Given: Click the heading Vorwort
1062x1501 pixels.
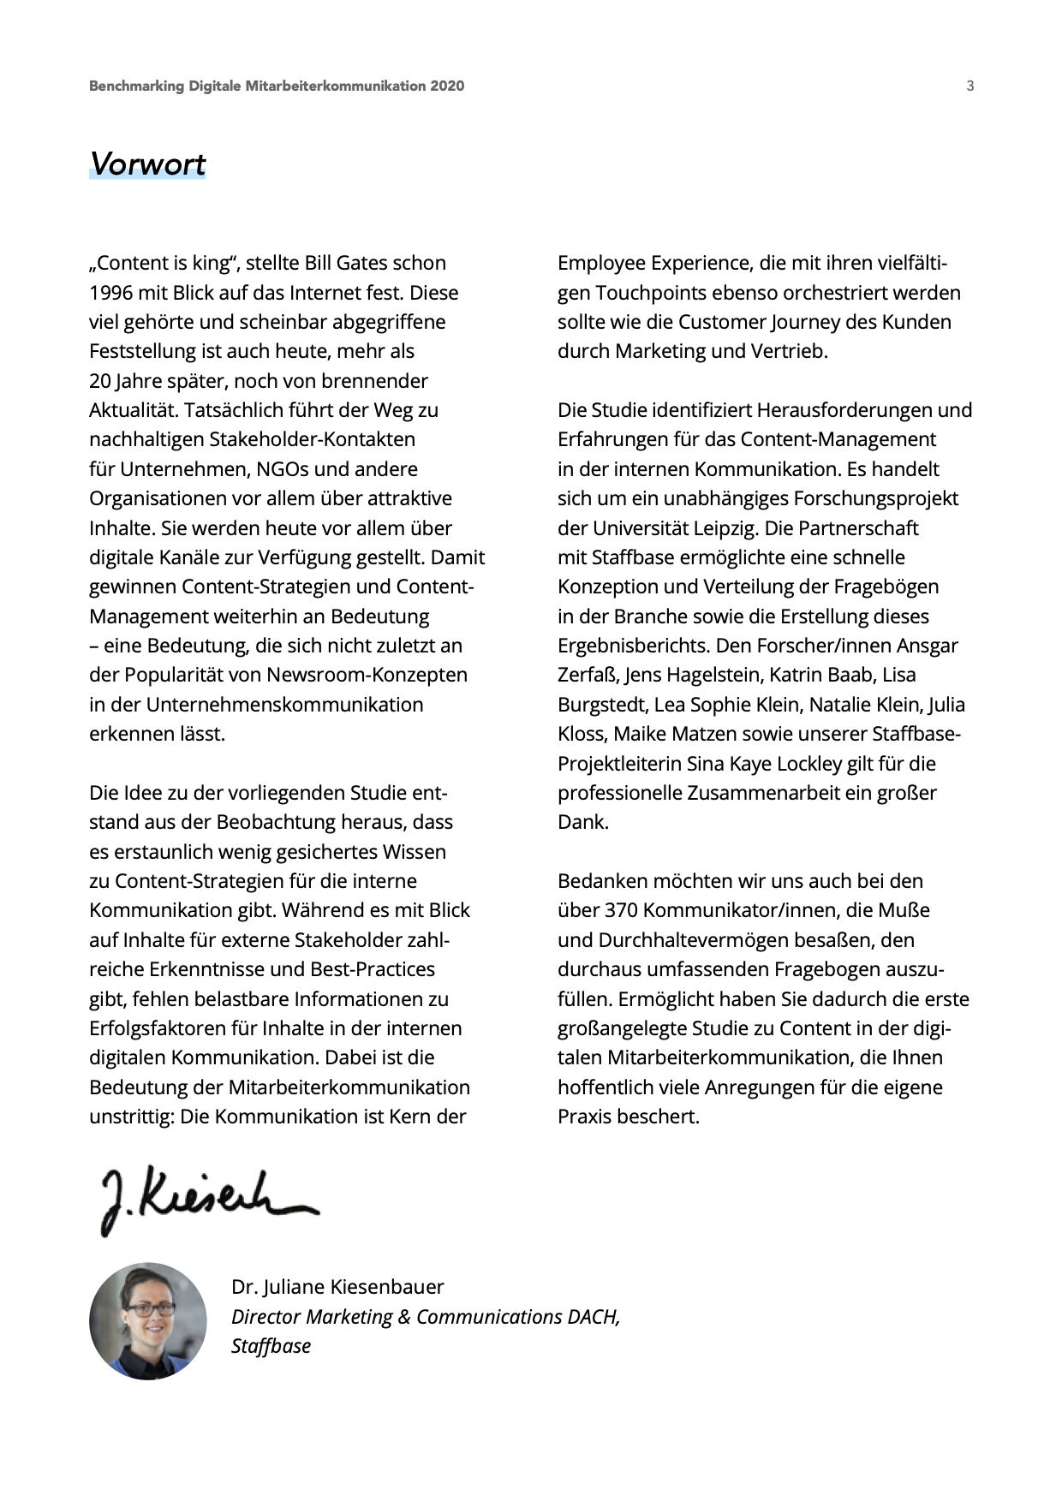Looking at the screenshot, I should pos(147,164).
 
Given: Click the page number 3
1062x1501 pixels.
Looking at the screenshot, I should pos(970,86).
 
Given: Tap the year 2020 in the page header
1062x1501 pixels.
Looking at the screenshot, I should pos(447,86).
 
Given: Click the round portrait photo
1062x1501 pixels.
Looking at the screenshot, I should pos(148,1320).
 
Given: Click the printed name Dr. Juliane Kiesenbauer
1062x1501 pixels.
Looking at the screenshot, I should pos(337,1287).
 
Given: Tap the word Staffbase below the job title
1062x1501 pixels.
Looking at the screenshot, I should pos(271,1345).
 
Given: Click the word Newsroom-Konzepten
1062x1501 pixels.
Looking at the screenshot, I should pos(367,675).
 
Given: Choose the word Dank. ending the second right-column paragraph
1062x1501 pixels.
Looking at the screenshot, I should pos(583,822).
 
